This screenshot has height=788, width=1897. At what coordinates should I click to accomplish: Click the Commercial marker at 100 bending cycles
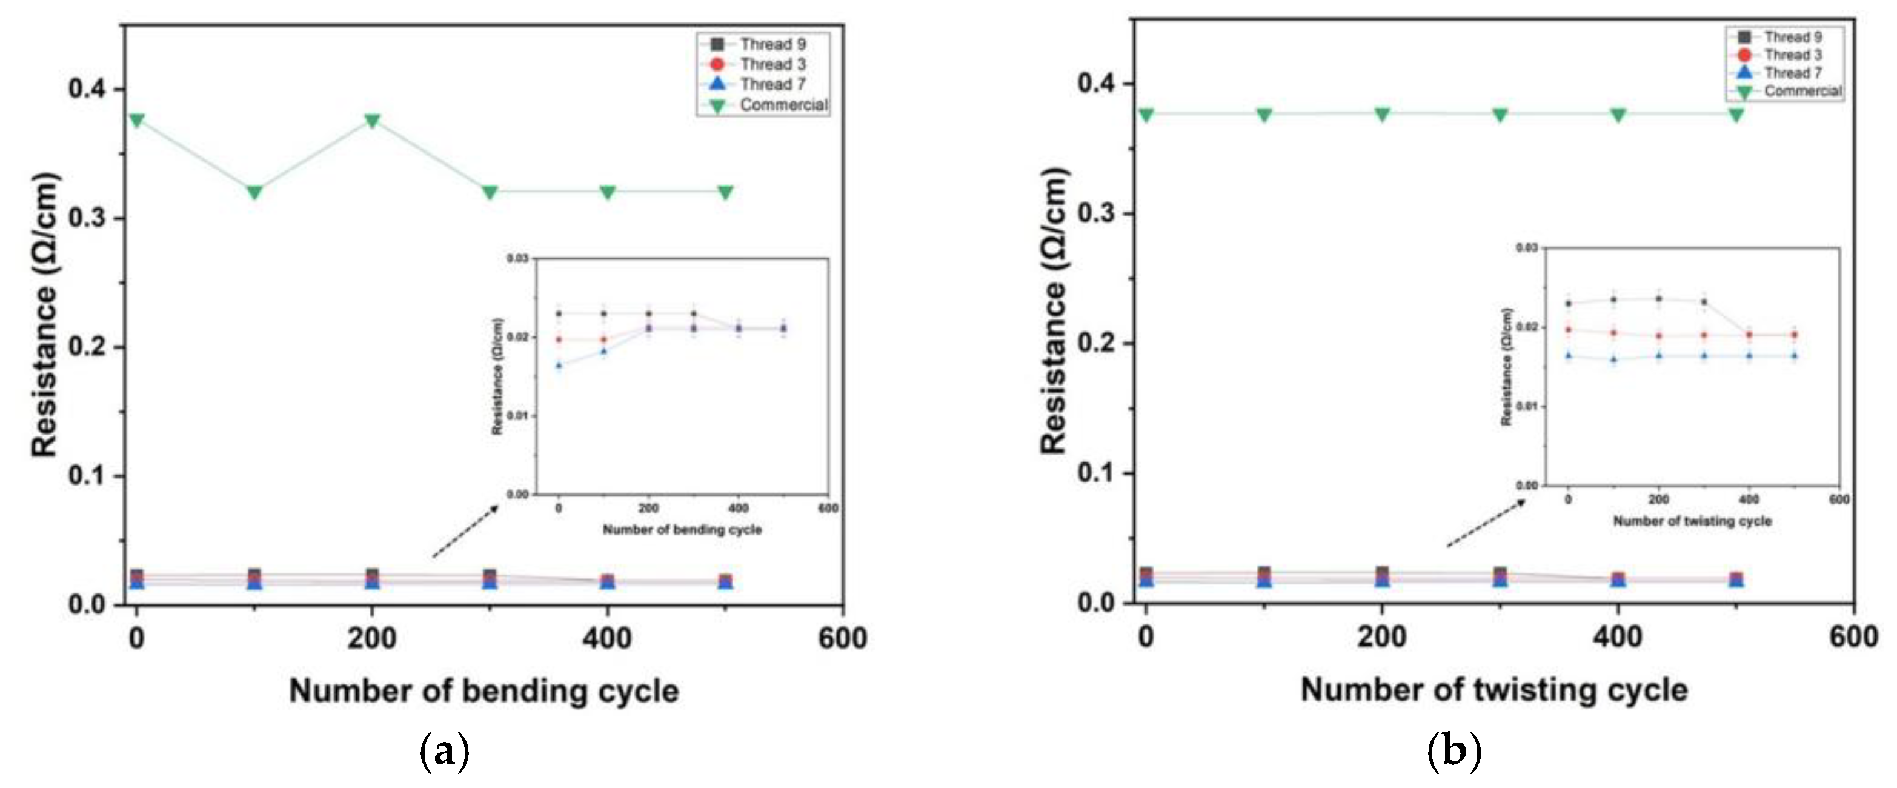[x=254, y=192]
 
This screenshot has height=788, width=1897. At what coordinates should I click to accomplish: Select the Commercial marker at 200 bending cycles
[x=372, y=120]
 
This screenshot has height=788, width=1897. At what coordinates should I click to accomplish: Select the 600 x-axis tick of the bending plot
[x=842, y=638]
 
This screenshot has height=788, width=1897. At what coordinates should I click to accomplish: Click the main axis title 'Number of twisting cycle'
[x=1493, y=690]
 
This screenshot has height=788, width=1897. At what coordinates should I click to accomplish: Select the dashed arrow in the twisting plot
[x=1486, y=523]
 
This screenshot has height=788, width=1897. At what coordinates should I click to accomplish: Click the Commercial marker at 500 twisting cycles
[x=1736, y=115]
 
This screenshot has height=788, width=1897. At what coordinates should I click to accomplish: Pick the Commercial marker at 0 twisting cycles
[x=1146, y=115]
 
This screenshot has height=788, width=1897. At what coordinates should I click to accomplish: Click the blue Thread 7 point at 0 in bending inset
[x=559, y=364]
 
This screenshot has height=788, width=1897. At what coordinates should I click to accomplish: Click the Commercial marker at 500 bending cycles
[x=725, y=192]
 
